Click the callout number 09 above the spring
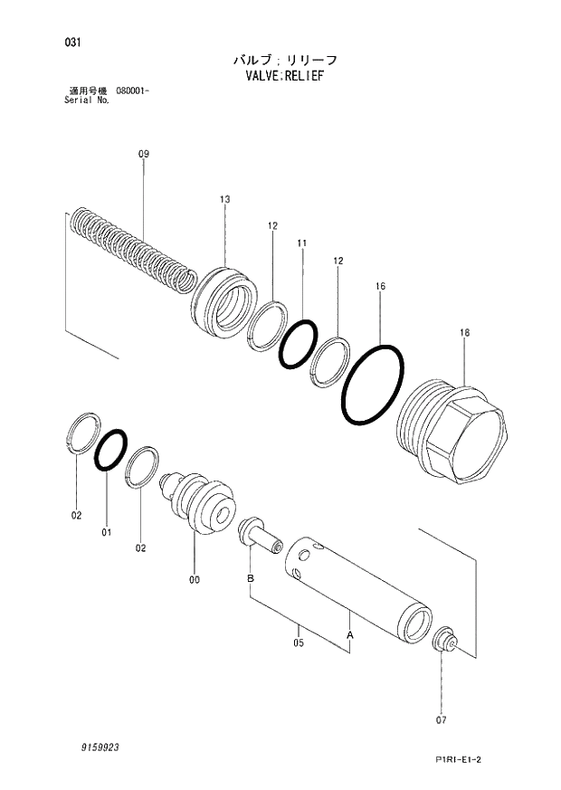coord(143,155)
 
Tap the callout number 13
coord(225,198)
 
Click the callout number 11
coord(301,243)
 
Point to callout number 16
coord(381,286)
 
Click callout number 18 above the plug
coord(464,333)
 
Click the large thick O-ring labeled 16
coord(373,385)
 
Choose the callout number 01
coord(107,532)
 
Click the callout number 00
coord(195,580)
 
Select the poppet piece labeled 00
coord(197,503)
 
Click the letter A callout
coord(350,636)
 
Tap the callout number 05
coord(299,643)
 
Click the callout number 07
coord(442,720)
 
